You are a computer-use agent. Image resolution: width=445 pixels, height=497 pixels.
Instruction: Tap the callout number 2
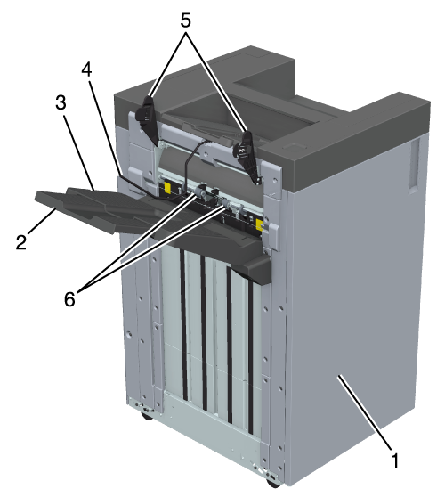[21, 242]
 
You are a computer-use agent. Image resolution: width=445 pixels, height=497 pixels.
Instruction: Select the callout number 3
[61, 103]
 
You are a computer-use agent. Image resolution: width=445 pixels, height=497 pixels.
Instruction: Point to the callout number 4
[87, 69]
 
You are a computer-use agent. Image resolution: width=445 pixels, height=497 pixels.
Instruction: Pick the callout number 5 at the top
[186, 20]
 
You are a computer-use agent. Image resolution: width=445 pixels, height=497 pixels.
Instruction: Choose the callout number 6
[69, 298]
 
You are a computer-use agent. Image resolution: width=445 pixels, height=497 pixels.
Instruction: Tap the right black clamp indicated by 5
[247, 155]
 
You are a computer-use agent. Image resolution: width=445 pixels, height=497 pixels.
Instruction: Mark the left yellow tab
[167, 188]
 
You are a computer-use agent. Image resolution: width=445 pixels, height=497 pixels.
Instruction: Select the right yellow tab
[259, 224]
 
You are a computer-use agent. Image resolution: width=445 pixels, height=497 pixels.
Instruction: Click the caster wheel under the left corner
[147, 416]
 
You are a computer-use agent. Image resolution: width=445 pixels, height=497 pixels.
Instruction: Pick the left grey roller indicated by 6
[199, 191]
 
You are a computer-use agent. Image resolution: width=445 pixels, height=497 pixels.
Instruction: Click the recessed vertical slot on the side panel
[414, 165]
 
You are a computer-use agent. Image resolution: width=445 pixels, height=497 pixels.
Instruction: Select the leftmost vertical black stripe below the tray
[183, 324]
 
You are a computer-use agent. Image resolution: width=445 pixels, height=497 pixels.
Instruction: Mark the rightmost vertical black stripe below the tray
[250, 356]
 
